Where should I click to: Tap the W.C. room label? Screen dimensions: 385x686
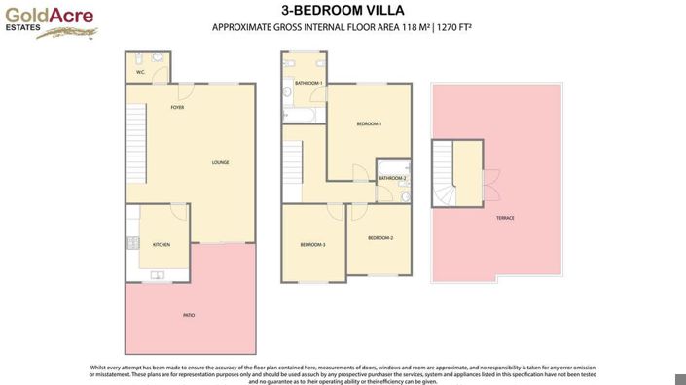click(x=141, y=72)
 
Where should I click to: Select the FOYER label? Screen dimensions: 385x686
click(x=177, y=107)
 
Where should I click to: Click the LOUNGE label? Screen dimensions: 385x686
click(x=221, y=162)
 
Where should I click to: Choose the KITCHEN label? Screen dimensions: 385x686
click(x=162, y=245)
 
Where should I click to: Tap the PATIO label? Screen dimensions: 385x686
click(x=189, y=315)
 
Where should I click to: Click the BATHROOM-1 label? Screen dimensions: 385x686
click(x=310, y=83)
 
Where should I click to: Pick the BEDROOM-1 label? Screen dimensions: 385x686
click(x=369, y=123)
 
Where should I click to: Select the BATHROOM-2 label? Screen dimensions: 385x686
click(x=392, y=178)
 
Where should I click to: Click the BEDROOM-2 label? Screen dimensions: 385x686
click(x=380, y=237)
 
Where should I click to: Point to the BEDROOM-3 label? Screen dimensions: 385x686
click(x=312, y=245)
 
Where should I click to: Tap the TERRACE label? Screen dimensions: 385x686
click(x=505, y=218)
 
